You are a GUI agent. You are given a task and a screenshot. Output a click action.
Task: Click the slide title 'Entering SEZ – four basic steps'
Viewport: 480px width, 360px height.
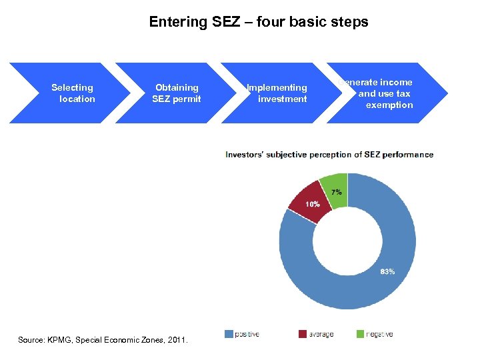click(x=258, y=22)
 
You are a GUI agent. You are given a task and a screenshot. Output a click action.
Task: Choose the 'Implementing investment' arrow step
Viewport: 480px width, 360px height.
click(x=278, y=93)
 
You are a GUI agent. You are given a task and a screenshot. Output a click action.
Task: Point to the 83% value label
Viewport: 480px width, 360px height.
click(x=387, y=271)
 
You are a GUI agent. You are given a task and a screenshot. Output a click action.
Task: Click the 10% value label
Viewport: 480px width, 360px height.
click(x=313, y=204)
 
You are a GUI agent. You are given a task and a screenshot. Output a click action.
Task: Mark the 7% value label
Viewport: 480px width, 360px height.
click(x=337, y=192)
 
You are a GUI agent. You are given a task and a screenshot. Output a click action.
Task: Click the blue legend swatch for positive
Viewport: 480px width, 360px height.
click(x=229, y=334)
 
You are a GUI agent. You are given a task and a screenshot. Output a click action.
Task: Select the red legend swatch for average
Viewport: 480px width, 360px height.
click(x=302, y=334)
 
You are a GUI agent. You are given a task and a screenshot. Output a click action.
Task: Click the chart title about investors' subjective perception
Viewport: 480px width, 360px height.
click(x=329, y=155)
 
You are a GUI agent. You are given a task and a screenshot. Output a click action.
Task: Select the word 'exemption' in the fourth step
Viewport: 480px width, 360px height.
click(x=389, y=105)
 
